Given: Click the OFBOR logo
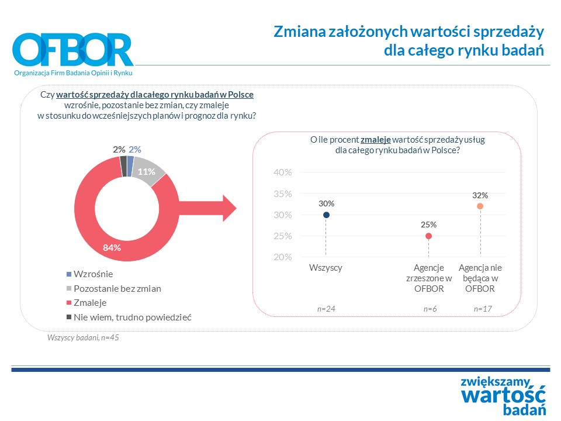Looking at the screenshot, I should click(x=73, y=52).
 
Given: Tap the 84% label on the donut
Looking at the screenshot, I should click(x=112, y=247).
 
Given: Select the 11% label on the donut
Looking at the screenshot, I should click(x=147, y=171).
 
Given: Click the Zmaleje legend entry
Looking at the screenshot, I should click(x=90, y=303).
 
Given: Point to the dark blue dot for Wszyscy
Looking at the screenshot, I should click(x=326, y=215).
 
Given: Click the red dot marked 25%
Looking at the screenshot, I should click(x=428, y=236).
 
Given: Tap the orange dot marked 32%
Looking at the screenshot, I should click(x=480, y=206).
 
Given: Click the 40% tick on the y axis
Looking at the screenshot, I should click(x=282, y=172).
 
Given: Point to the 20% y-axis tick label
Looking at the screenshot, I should click(x=282, y=257).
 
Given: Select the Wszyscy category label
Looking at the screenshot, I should click(x=325, y=268).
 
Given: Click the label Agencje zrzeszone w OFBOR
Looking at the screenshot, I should click(x=429, y=278).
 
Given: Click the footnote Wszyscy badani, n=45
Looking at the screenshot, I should click(x=83, y=337).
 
